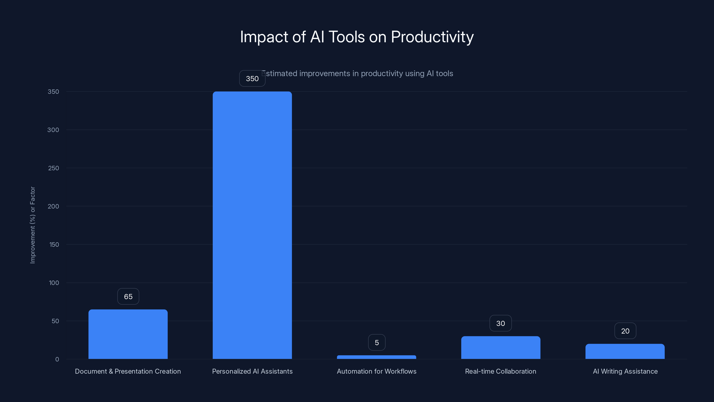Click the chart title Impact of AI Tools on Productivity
pyautogui.click(x=357, y=37)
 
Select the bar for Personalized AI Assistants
pyautogui.click(x=252, y=225)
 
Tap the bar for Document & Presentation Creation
pyautogui.click(x=128, y=334)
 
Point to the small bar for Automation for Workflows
pyautogui.click(x=376, y=357)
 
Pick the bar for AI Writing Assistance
pyautogui.click(x=625, y=351)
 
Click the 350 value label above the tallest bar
pyautogui.click(x=252, y=79)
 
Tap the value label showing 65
pyautogui.click(x=128, y=297)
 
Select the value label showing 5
pyautogui.click(x=377, y=343)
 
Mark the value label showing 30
pyautogui.click(x=500, y=323)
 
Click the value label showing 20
pyautogui.click(x=625, y=331)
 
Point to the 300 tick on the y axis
pyautogui.click(x=53, y=130)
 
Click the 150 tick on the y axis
pyautogui.click(x=54, y=244)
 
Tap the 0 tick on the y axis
pyautogui.click(x=57, y=359)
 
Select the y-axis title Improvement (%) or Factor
pyautogui.click(x=33, y=225)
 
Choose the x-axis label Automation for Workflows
pyautogui.click(x=376, y=371)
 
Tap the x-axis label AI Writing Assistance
pyautogui.click(x=625, y=371)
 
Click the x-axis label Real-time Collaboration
pyautogui.click(x=500, y=371)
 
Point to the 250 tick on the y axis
pyautogui.click(x=54, y=168)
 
